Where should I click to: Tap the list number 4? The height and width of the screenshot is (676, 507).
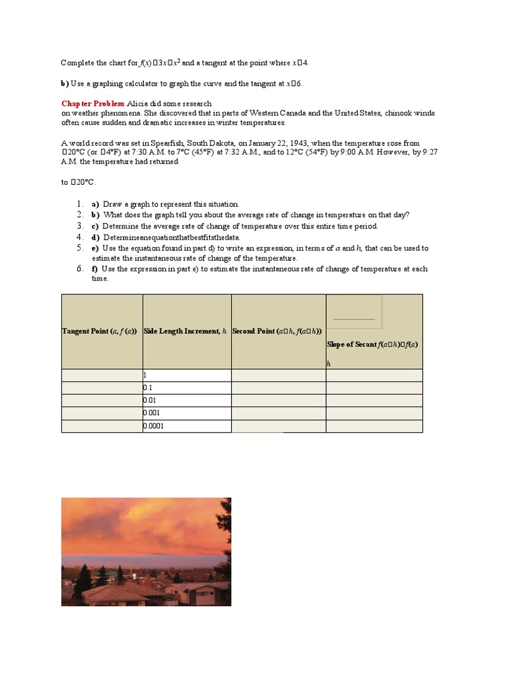79,237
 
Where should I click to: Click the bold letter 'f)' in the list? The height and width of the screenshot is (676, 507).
95,269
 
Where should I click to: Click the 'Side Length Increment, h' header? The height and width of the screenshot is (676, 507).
186,331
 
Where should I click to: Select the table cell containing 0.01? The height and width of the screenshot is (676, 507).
187,400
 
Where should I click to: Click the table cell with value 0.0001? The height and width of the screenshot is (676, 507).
187,426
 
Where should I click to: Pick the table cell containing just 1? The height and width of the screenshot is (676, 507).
187,375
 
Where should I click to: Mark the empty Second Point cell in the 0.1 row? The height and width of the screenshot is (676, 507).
278,388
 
